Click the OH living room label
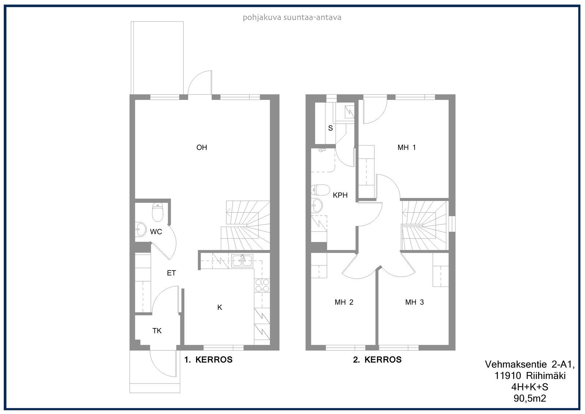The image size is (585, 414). tap(201, 148)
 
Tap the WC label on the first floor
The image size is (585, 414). tap(156, 232)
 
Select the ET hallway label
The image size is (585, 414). tap(171, 273)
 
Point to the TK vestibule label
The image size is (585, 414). tap(157, 331)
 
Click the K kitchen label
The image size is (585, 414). tap(220, 307)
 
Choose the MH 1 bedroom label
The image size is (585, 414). tap(407, 148)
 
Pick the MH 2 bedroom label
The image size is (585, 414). tap(344, 302)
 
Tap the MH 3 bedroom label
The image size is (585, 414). tap(415, 302)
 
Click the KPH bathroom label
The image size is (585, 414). tap(340, 195)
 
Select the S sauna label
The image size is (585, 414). tap(331, 128)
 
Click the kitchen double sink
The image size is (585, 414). tap(242, 261)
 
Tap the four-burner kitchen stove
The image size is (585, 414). tap(262, 285)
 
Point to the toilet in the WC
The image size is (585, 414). tap(158, 212)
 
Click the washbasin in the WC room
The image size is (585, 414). tap(140, 230)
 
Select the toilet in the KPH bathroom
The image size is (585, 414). tap(320, 190)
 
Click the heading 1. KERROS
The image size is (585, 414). tap(208, 360)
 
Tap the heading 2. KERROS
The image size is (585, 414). tap(377, 359)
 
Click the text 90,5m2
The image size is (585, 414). tap(530, 398)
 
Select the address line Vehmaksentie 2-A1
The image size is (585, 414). tap(530, 364)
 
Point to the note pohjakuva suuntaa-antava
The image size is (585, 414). tap(292, 18)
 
